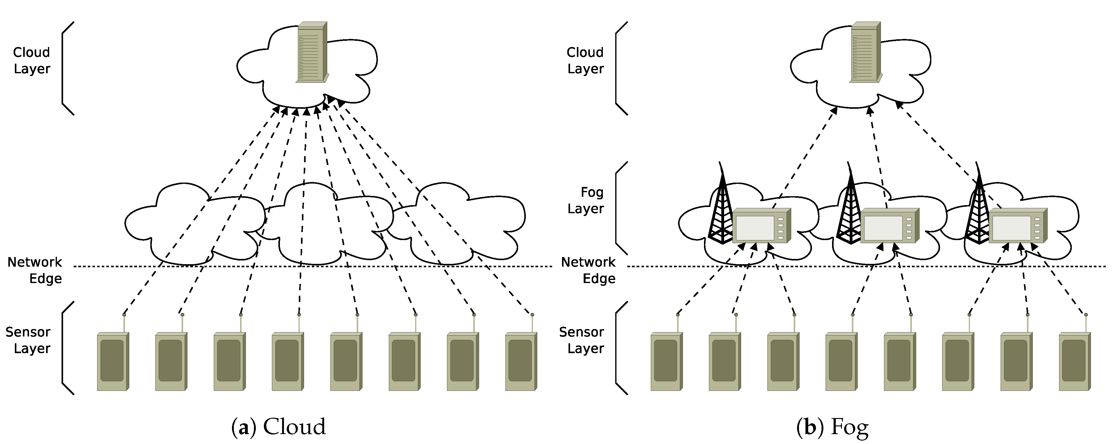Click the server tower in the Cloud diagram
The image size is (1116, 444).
311,52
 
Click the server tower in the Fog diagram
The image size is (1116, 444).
865,52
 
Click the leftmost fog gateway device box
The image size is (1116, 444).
762,226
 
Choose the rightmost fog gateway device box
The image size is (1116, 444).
1018,226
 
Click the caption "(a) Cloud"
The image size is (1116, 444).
279,427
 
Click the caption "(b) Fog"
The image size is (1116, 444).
832,427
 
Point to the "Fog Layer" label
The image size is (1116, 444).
586,200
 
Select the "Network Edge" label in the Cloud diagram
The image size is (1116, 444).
35,270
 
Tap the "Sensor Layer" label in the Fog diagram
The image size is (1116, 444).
582,340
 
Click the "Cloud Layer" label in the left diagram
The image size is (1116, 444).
32,61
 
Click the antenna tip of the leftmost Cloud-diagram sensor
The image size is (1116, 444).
124,315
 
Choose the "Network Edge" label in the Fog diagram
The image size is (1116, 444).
588,270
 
